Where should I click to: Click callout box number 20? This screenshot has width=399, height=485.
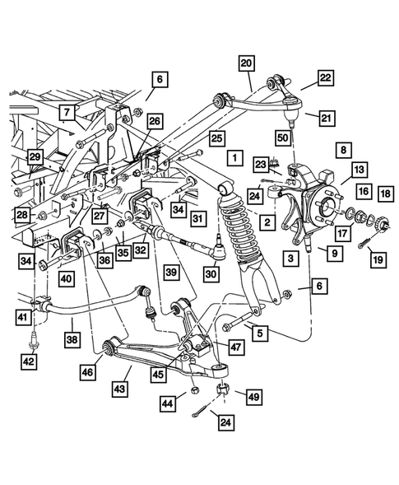click(x=247, y=63)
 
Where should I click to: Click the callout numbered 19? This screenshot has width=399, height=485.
click(x=378, y=260)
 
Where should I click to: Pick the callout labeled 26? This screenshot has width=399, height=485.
click(x=155, y=121)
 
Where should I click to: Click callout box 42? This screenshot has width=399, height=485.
click(x=28, y=360)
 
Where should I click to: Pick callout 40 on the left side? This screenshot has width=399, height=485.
click(x=66, y=278)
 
